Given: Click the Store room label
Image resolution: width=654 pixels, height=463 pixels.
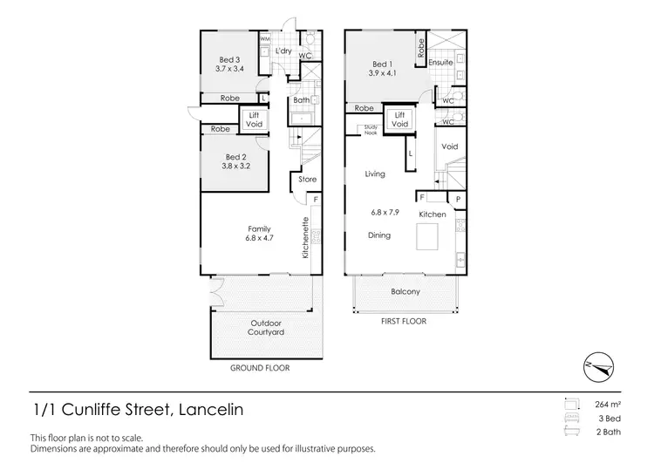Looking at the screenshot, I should [x=308, y=180].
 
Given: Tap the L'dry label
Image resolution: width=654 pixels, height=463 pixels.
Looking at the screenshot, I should [x=283, y=51].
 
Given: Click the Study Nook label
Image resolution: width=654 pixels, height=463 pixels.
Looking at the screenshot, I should [x=371, y=132].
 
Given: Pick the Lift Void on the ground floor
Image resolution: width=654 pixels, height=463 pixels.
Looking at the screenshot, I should [x=256, y=119].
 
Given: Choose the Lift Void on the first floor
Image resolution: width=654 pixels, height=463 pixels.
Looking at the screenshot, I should [x=399, y=120].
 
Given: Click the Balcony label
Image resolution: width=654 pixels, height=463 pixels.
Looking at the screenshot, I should [x=405, y=292].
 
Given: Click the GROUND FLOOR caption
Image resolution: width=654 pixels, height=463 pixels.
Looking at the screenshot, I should [x=260, y=368].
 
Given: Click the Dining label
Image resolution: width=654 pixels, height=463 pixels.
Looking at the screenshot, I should [x=378, y=235].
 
